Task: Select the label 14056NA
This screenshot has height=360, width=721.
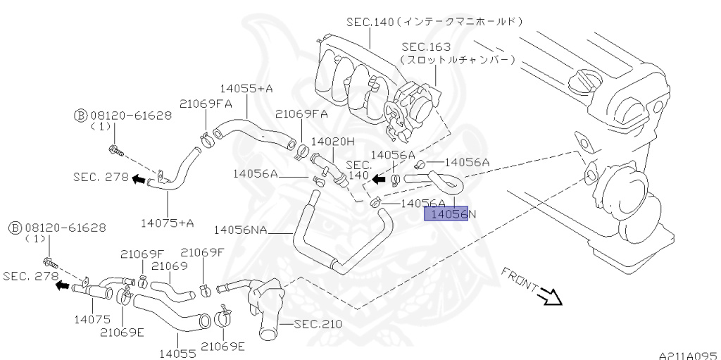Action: point(239,229)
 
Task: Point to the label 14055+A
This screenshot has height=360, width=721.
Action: point(247,89)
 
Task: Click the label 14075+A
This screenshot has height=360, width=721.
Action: point(167,223)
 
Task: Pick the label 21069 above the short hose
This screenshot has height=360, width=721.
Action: point(169,266)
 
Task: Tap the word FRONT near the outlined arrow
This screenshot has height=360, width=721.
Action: point(520,280)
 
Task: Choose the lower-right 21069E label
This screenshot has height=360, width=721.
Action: point(222,346)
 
